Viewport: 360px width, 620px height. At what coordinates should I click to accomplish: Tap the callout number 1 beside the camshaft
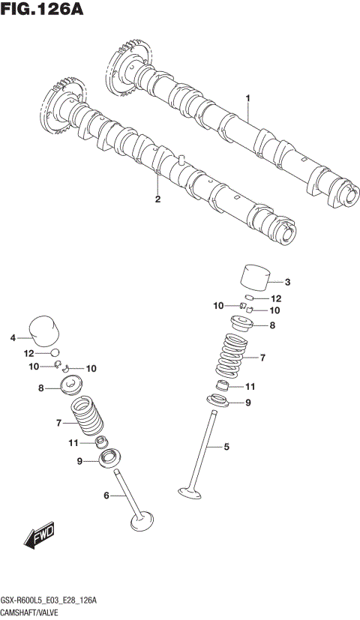coord(247,98)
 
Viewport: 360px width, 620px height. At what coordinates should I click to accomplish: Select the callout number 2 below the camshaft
coord(157,199)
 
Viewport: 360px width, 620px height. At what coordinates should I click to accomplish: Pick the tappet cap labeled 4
coord(43,331)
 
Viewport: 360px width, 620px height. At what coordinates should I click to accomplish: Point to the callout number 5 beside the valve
coord(223,448)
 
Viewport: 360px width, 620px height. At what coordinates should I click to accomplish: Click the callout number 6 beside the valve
coord(106,496)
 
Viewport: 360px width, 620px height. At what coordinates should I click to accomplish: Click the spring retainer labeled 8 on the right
coord(241,325)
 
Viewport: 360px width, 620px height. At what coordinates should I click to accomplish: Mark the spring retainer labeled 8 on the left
coord(73,388)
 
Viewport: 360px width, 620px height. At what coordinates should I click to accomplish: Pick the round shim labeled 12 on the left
coord(54,352)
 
